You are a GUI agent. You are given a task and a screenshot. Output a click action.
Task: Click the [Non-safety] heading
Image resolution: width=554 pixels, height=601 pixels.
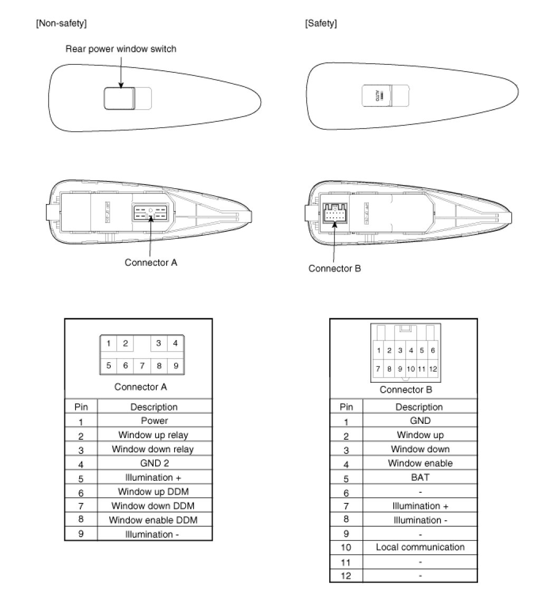click(x=61, y=23)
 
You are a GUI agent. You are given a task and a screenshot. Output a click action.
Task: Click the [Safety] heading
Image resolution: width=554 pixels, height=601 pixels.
click(x=321, y=23)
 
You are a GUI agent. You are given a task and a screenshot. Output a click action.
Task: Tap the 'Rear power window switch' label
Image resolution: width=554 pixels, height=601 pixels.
click(x=121, y=49)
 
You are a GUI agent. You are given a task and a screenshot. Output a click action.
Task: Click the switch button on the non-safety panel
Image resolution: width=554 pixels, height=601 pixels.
click(x=120, y=98)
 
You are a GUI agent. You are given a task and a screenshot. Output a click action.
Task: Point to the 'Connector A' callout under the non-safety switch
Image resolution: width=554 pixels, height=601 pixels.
click(x=151, y=262)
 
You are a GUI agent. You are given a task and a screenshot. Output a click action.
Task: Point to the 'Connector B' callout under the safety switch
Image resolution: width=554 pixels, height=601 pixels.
click(x=335, y=268)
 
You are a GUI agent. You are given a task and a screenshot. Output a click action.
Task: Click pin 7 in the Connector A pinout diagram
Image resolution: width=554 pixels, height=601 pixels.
click(x=142, y=365)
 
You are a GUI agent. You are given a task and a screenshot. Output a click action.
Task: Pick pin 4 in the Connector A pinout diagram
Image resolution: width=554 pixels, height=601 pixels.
click(x=175, y=344)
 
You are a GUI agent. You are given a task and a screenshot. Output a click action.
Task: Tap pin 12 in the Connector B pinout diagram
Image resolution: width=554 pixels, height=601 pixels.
click(x=433, y=369)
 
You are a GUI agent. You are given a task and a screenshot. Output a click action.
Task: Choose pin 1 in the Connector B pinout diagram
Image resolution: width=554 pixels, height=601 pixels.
click(x=378, y=350)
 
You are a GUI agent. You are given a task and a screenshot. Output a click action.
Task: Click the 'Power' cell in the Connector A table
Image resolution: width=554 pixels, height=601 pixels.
click(x=154, y=421)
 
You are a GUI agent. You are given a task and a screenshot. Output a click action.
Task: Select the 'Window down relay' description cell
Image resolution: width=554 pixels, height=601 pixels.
click(x=152, y=449)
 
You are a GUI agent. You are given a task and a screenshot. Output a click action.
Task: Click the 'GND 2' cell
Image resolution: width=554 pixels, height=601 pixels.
click(x=154, y=463)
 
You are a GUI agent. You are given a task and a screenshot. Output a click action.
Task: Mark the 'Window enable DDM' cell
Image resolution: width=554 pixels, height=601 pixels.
click(x=153, y=520)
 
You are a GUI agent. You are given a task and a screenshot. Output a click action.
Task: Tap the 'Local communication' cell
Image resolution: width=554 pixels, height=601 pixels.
click(x=420, y=547)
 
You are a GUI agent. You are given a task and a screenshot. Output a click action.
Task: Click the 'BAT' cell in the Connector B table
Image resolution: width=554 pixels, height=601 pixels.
click(x=420, y=477)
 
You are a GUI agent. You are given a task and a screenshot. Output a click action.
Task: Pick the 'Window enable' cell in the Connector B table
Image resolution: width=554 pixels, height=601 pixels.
click(x=420, y=463)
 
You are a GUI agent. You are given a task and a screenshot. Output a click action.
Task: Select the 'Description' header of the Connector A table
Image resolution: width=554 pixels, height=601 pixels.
click(x=154, y=407)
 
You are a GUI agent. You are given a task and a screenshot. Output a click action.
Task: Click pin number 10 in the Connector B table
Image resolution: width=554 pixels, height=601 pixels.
click(x=346, y=548)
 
